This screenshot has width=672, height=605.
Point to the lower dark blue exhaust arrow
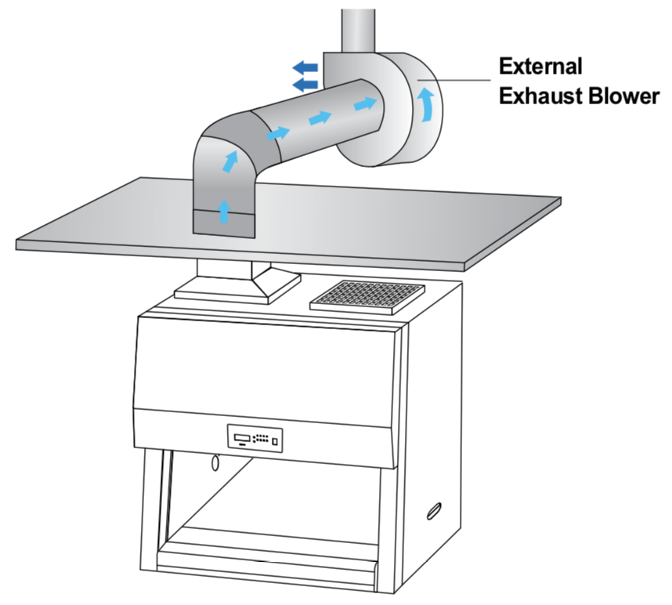coord(305,83)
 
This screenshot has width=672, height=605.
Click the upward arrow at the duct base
coord(224,211)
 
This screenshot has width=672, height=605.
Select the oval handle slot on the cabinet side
coord(432,511)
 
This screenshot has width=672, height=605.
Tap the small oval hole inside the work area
coord(215,464)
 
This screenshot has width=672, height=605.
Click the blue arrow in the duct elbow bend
coord(230,162)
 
